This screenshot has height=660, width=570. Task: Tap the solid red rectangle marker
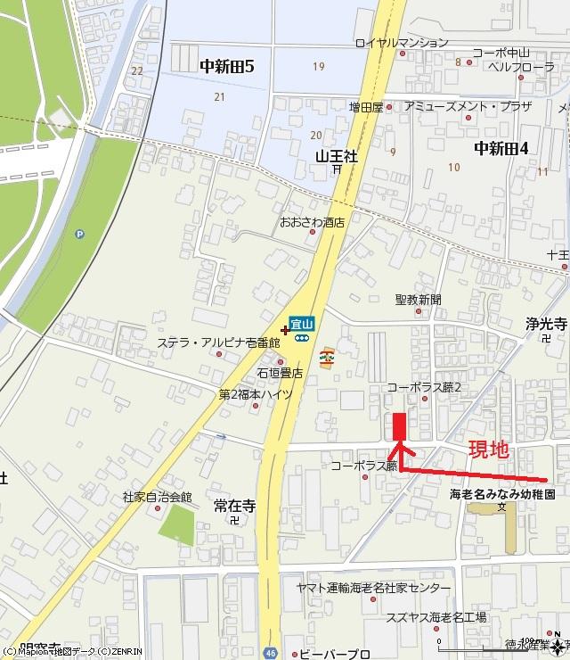click(x=399, y=426)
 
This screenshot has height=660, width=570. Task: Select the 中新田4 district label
click(x=501, y=148)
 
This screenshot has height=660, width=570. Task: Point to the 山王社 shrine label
click(x=337, y=155)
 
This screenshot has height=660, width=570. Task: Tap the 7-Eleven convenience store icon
click(x=329, y=355)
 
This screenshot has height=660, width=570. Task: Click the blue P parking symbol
click(x=81, y=235)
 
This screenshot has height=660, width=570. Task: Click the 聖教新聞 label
click(x=418, y=300)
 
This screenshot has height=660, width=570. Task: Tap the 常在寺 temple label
click(x=234, y=506)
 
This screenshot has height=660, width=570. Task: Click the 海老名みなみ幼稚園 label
click(x=502, y=493)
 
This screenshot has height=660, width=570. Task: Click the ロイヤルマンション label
click(x=402, y=42)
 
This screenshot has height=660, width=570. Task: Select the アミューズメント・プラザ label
click(x=468, y=106)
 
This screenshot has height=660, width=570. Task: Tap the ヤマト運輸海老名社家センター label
click(x=374, y=589)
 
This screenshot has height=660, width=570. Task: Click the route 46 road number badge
click(x=270, y=652)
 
